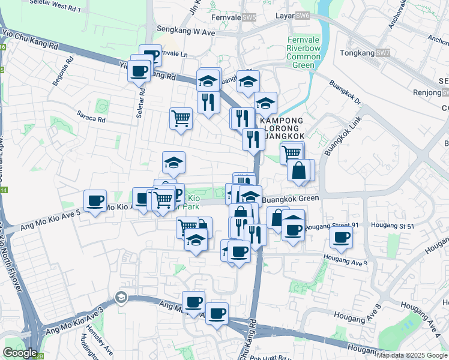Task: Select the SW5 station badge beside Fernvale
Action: coord(249,17)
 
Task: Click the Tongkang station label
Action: coord(357,53)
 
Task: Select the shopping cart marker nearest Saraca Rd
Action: coord(181,118)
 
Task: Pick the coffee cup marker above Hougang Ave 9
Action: coord(341,236)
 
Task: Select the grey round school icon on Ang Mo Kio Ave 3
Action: coord(121,298)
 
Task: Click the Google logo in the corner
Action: coord(19,353)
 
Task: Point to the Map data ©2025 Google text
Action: coord(412,355)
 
